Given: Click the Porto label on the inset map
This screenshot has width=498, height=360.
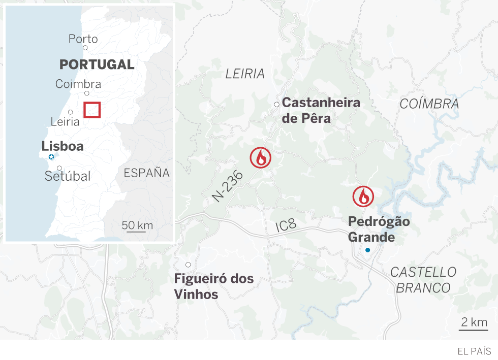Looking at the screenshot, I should point(83,39).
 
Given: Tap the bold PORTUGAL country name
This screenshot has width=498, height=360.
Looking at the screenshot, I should point(97,64).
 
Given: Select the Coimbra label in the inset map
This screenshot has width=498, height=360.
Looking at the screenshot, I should point(78,84).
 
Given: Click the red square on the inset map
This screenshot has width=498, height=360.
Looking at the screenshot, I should point(92,110).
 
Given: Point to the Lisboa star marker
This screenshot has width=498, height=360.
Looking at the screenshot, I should point(51,157).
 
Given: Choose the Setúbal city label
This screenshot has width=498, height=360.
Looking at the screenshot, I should point(68,176).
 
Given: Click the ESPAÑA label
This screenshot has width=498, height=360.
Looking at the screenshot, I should point(146,173).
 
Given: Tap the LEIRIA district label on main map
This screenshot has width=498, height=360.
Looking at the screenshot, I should point(245,74).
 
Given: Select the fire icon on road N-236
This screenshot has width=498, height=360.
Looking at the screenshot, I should point(261,158).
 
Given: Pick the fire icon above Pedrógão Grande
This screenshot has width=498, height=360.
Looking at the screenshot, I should point(363,196).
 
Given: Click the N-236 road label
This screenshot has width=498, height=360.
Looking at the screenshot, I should point(228,186).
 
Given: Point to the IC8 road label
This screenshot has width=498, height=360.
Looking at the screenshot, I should point(286,226).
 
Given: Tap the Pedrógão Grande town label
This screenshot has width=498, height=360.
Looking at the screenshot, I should point(379,230).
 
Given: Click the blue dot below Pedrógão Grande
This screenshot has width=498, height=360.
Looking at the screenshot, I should point(367,250).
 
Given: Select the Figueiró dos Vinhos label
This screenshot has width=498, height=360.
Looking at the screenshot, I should point(213,286).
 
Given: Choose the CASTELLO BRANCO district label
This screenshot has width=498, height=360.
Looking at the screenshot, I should point(423,280).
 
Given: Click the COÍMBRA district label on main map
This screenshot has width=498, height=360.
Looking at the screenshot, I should point(429,104).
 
